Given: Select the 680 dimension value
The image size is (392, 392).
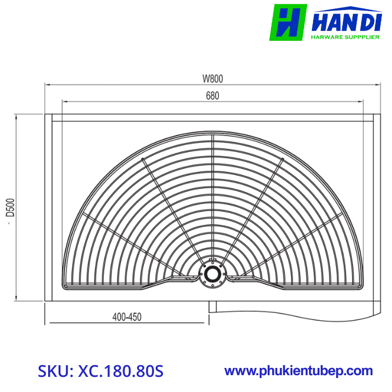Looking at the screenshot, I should tap(212, 95).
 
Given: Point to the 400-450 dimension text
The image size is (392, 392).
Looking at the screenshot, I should tap(127, 317).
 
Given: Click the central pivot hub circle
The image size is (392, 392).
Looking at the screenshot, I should tap(212, 273).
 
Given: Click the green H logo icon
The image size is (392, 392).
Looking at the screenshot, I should tap(288, 22).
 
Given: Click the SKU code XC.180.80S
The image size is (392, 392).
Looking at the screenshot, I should tap(100, 371).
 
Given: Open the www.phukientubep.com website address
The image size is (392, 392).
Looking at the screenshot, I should tap(298, 371).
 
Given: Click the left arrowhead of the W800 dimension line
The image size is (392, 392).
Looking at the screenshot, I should tap(47, 85).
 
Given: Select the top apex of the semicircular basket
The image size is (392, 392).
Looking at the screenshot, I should tap(212, 133).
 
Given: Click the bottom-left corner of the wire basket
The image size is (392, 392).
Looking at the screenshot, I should tap(66, 288).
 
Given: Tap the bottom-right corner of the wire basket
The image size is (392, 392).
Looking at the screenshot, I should tap(359, 288).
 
